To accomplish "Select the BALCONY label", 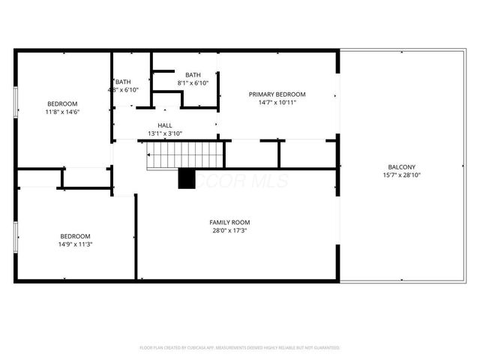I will [401, 167].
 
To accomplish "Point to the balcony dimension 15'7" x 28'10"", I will [401, 175].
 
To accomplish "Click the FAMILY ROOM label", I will [229, 222].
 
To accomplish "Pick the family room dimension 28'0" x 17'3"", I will [229, 230].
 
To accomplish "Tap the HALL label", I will [165, 125].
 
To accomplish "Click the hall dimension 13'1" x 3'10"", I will [165, 133].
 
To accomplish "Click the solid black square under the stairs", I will [186, 179].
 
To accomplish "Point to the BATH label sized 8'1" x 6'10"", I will [193, 75].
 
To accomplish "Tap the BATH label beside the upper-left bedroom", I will [123, 82].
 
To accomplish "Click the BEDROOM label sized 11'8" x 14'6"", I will [62, 103].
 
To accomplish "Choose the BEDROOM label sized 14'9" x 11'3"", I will [75, 235].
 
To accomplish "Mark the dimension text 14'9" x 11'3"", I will [75, 244].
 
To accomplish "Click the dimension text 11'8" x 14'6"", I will [62, 112].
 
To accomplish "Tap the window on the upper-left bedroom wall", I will [16, 103].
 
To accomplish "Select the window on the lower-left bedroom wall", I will [16, 235].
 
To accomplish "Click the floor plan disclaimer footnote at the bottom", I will [240, 348].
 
